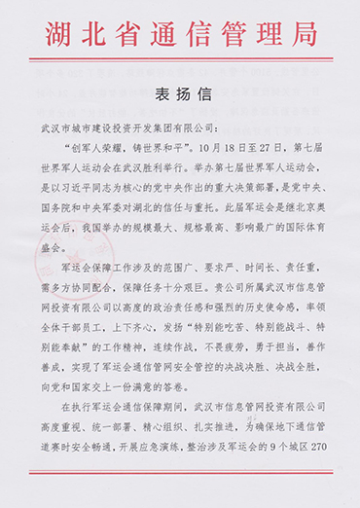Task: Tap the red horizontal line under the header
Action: click(x=180, y=62)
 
